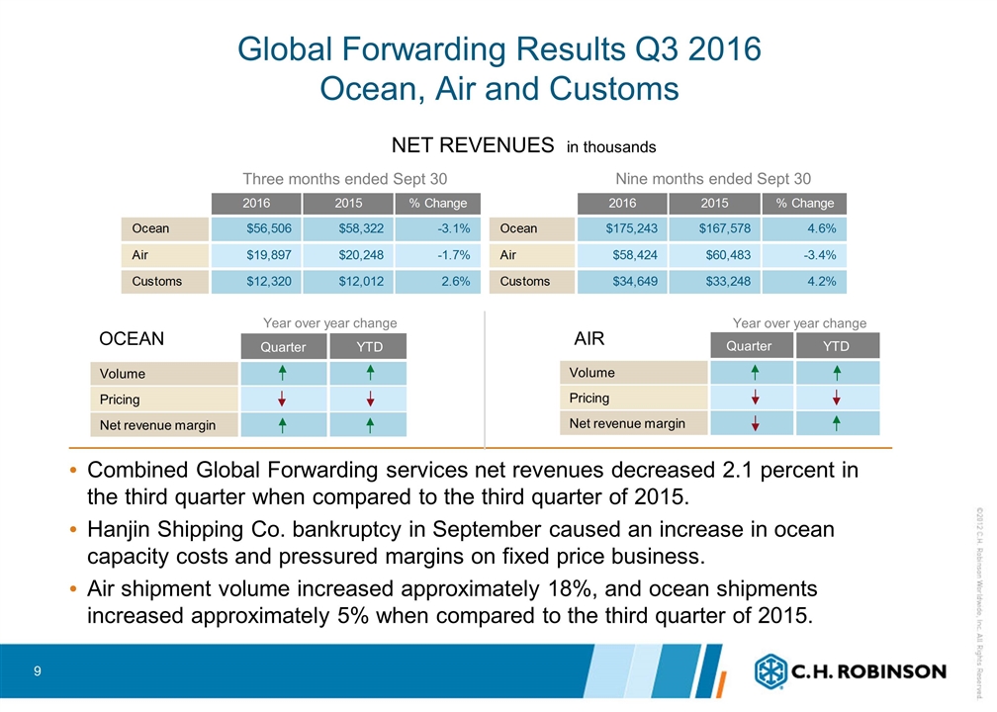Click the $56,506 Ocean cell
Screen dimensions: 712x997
(x=255, y=228)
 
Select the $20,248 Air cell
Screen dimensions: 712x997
(x=347, y=254)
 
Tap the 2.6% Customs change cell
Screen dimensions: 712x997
(x=437, y=281)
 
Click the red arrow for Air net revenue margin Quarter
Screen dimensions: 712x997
(x=755, y=423)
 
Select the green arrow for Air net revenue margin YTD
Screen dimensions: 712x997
(x=837, y=423)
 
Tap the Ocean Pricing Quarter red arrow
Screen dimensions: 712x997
(x=283, y=400)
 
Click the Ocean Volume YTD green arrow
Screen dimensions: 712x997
(x=369, y=373)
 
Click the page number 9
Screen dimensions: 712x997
(x=37, y=672)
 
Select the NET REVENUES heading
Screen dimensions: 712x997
(x=473, y=145)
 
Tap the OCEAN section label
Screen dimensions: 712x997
(x=132, y=338)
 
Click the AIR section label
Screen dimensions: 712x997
(x=589, y=338)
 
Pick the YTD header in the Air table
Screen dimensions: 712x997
(x=837, y=346)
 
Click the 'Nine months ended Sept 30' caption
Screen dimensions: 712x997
(x=712, y=178)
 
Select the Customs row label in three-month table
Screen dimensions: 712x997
(x=157, y=281)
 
